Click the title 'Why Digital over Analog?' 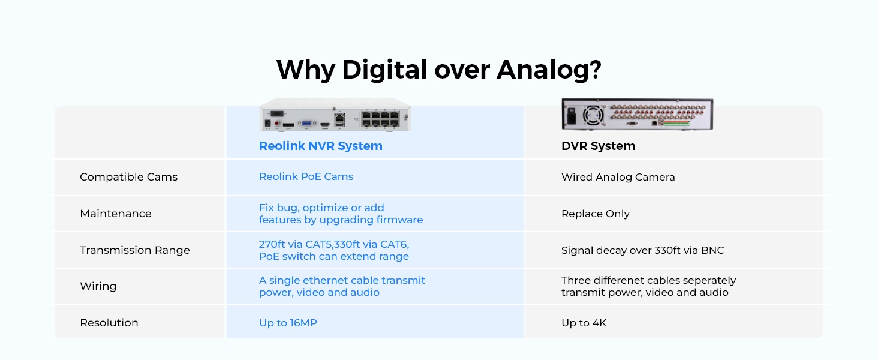pos(438,70)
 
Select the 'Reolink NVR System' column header pos(321,146)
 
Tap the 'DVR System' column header pos(598,146)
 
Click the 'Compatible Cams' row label pos(128,177)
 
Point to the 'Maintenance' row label pos(116,214)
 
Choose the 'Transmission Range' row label pos(135,250)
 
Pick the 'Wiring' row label pos(98,286)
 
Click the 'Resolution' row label pos(109,323)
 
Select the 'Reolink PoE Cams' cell pos(306,176)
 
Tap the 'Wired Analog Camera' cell pos(618,177)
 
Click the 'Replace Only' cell pos(596,214)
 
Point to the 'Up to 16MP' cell pos(288,323)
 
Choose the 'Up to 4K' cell pos(584,323)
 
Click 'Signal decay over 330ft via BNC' pos(642,250)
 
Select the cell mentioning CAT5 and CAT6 pos(334,250)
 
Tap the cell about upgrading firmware pos(341,214)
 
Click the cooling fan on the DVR pos(593,116)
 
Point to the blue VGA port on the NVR pos(306,123)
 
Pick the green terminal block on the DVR pos(677,123)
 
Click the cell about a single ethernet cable pos(342,286)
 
